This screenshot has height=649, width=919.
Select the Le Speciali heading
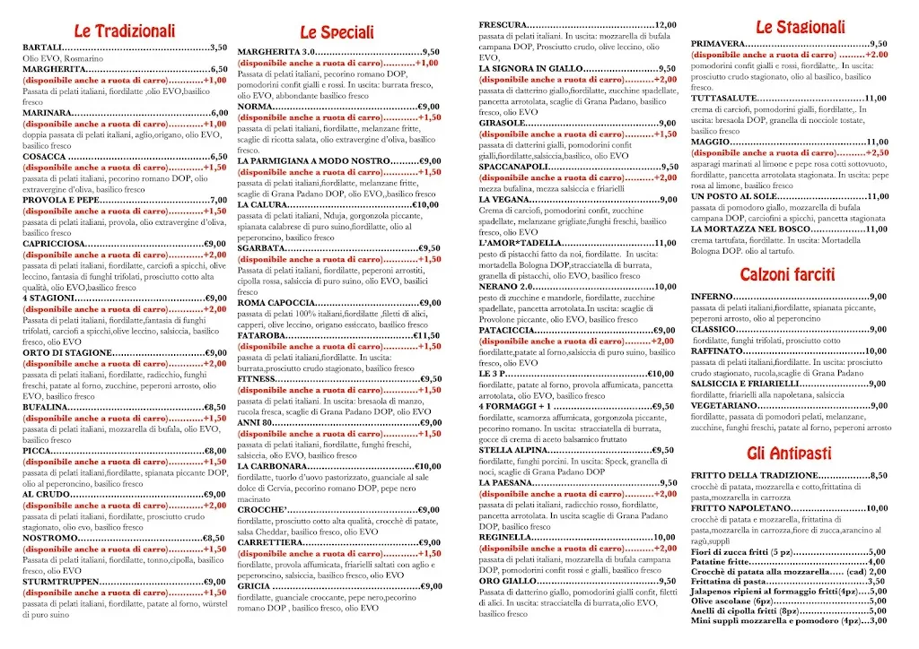pos(337,33)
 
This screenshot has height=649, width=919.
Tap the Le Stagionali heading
pos(801,28)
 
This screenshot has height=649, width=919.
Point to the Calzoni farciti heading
pos(788,273)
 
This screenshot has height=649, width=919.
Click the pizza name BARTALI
pos(42,47)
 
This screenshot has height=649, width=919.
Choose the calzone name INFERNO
pos(713,297)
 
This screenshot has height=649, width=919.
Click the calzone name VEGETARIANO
pos(726,405)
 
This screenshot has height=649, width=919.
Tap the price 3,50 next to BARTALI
pos(218,47)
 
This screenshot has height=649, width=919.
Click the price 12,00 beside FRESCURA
pos(665,24)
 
